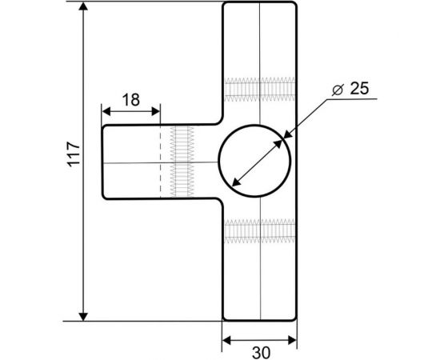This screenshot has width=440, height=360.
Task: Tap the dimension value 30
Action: coord(260,351)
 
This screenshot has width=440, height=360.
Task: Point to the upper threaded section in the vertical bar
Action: coord(260,89)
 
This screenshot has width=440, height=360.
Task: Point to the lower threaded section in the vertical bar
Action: coord(260,232)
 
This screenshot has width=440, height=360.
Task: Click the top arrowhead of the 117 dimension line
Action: coord(84,7)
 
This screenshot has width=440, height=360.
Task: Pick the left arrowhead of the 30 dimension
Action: coord(226,340)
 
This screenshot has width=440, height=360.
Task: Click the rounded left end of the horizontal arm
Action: coord(103,162)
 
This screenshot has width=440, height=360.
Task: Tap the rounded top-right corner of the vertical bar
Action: coord(294,6)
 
